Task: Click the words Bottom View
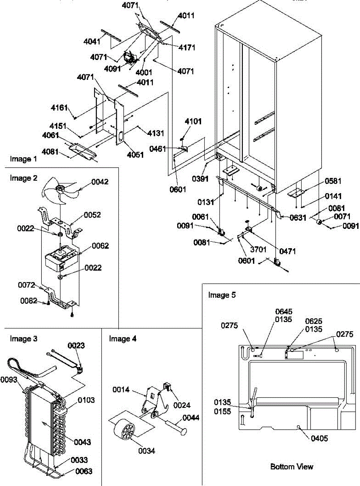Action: (x=292, y=467)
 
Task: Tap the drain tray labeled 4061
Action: (x=81, y=151)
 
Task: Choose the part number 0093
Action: (x=9, y=379)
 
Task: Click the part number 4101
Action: (x=193, y=122)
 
